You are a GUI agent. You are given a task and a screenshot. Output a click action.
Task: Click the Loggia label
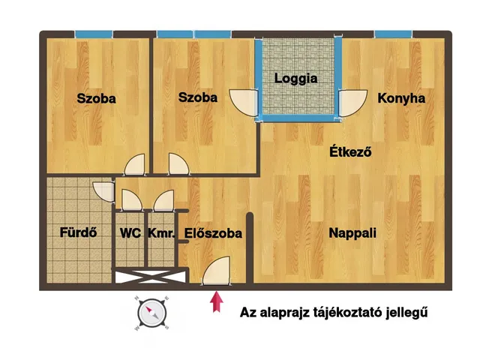[295, 78]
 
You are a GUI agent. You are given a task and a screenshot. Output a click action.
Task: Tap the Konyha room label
[401, 98]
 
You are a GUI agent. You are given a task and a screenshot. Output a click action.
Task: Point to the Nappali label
[352, 233]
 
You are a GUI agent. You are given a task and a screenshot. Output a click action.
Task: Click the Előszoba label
[213, 233]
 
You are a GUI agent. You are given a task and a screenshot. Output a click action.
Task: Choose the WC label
[130, 233]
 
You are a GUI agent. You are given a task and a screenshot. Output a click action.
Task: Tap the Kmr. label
[161, 233]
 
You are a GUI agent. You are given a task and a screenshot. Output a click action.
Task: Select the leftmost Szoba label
[97, 98]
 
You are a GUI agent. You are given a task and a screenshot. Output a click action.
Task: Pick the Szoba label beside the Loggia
[198, 97]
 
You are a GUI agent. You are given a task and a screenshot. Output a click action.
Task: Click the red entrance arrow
[217, 301]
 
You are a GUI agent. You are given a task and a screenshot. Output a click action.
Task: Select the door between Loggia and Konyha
[352, 100]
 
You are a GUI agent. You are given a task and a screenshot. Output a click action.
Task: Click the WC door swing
[130, 199]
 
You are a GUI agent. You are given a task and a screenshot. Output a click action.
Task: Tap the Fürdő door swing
[103, 191]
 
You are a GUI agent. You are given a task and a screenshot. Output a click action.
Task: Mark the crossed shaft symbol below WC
[148, 276]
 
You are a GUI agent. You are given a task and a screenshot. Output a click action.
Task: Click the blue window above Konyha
[393, 34]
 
